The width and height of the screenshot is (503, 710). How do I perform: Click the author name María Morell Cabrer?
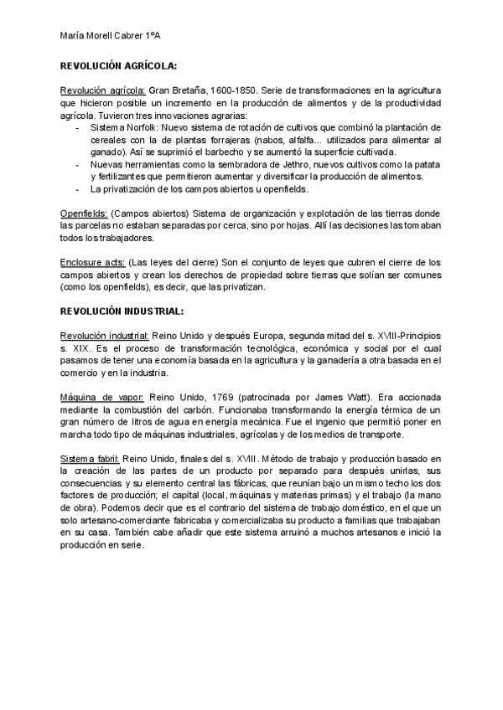[x=101, y=35]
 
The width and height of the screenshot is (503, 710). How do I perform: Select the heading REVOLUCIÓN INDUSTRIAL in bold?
[x=122, y=311]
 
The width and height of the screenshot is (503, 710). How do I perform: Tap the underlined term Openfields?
[x=83, y=214]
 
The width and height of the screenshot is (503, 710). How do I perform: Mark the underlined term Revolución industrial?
[x=105, y=336]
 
